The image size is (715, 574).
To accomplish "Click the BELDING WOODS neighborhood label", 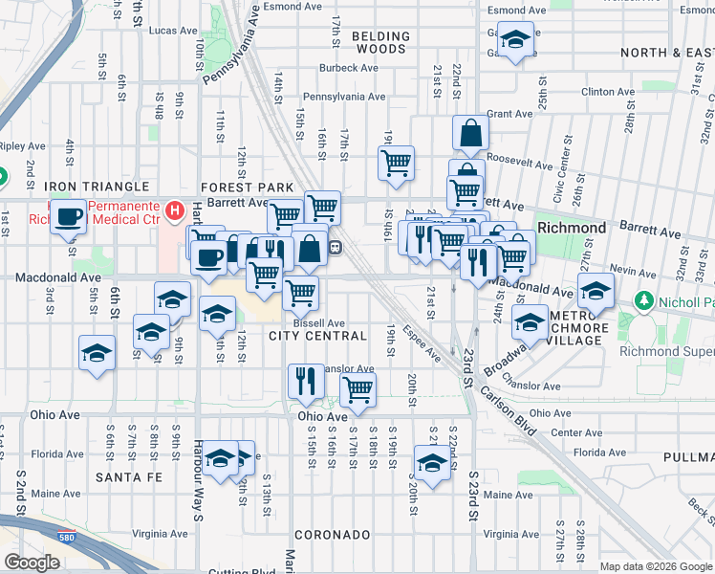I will [380, 42].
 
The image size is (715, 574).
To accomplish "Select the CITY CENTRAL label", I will [317, 336].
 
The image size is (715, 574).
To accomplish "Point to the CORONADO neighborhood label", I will [332, 535].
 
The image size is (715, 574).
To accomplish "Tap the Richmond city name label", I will [572, 229].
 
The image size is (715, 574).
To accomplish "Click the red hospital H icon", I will [174, 209].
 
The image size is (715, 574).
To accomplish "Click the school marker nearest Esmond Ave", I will [515, 41].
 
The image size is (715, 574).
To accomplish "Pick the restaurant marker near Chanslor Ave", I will [306, 381].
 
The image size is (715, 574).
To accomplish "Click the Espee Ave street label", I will [421, 343].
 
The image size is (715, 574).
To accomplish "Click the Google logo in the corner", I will [32, 563].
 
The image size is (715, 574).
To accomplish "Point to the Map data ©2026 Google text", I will [655, 566].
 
